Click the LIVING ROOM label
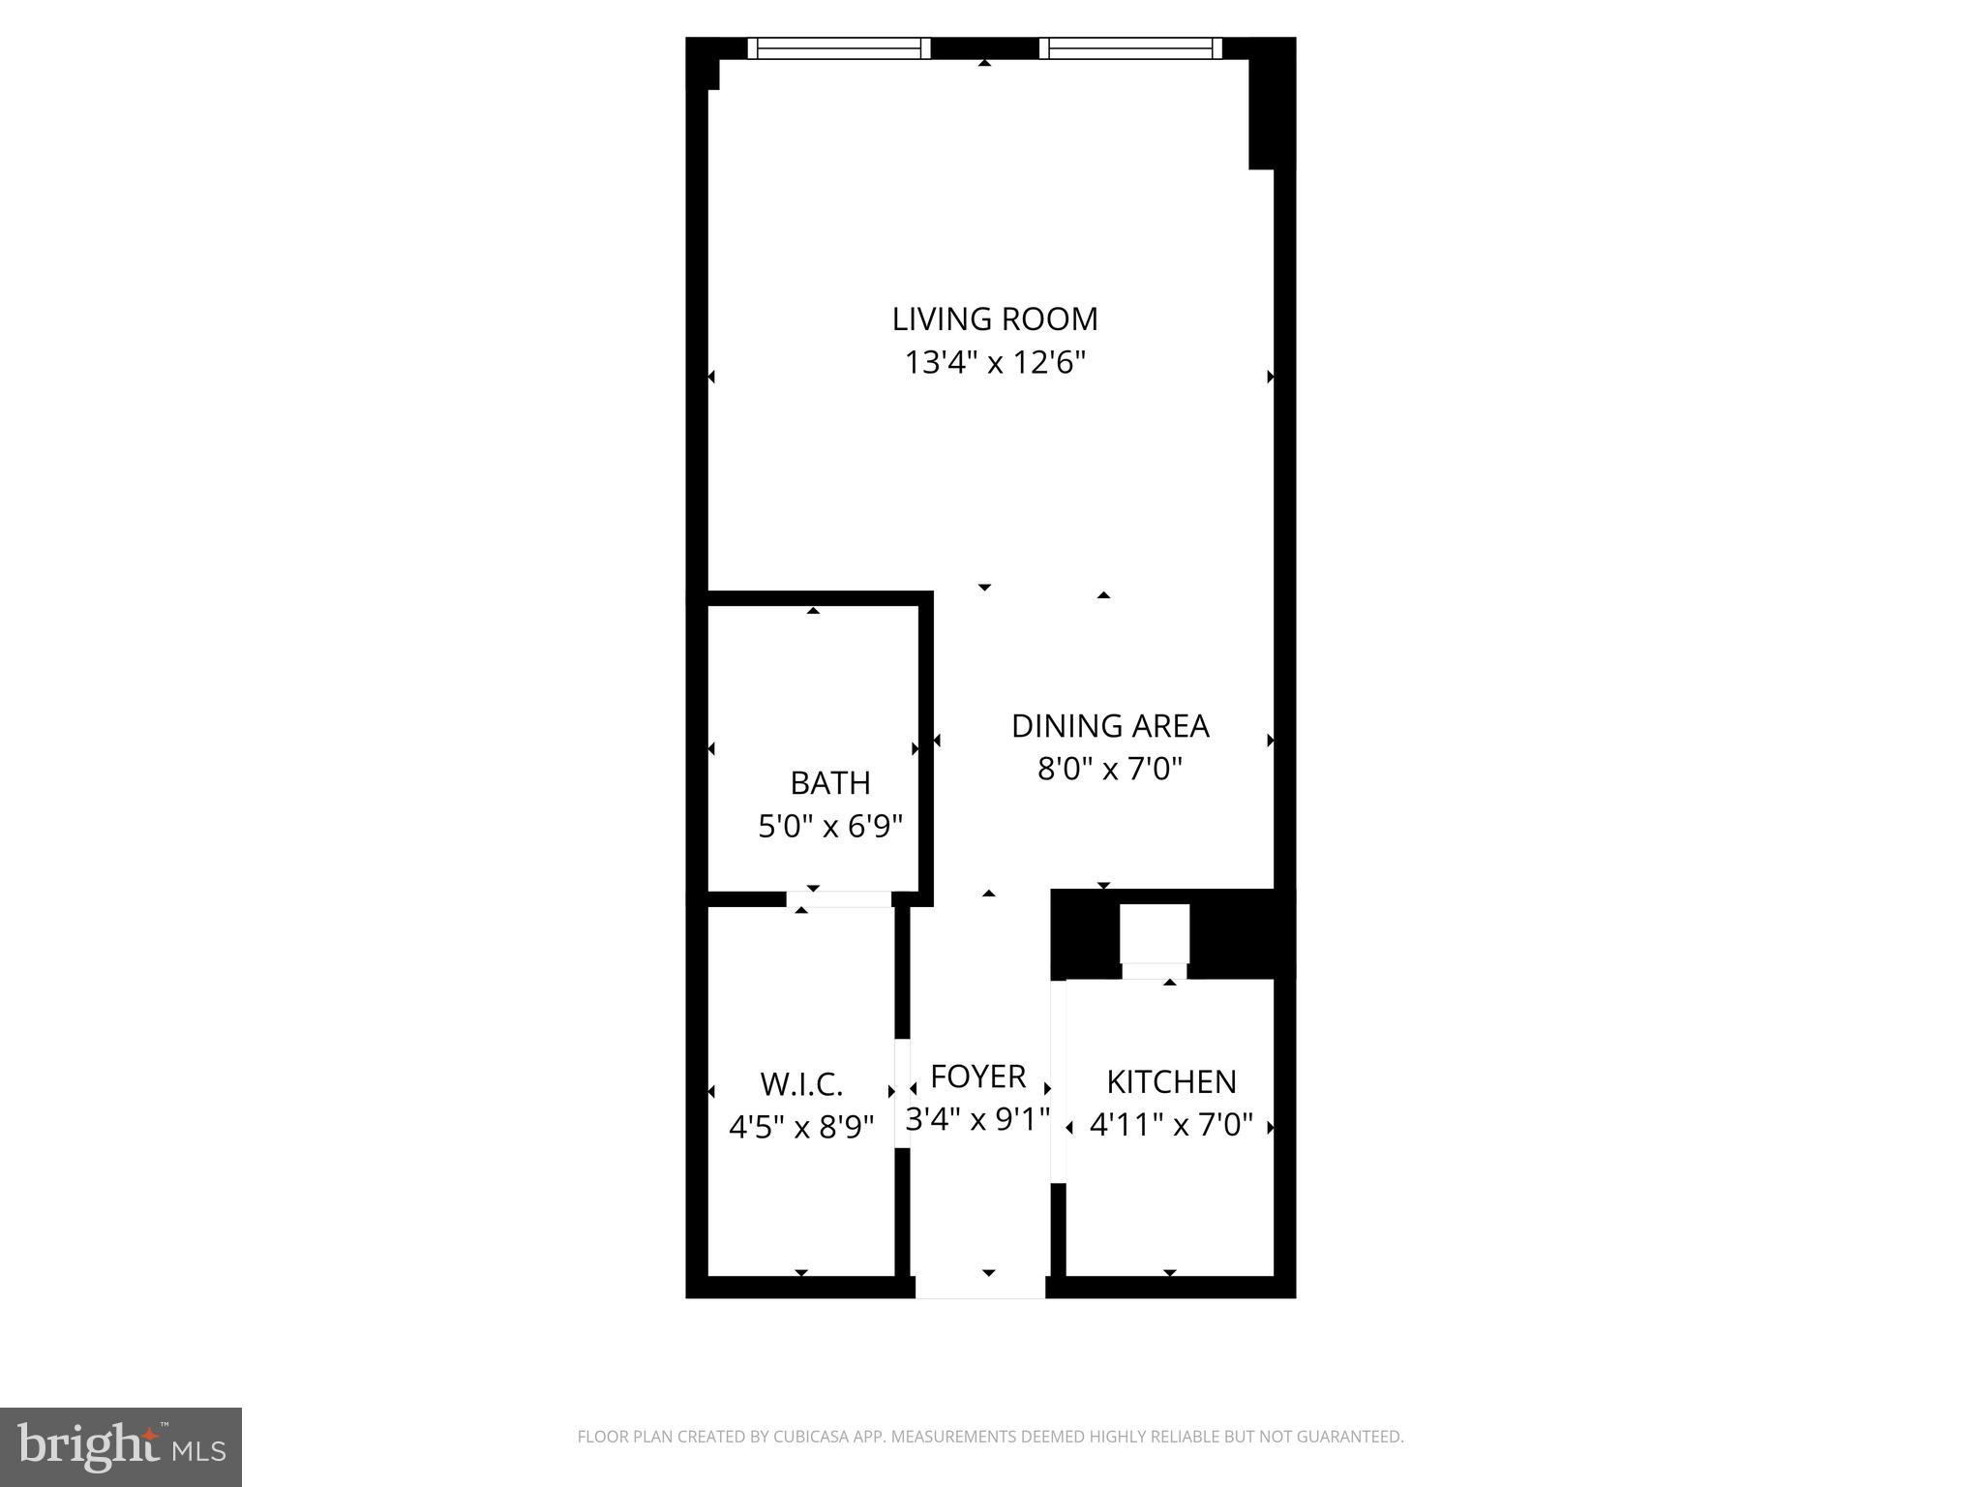pyautogui.click(x=994, y=319)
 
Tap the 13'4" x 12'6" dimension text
pyautogui.click(x=994, y=363)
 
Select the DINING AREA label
pyautogui.click(x=1109, y=725)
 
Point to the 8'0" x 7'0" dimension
pyautogui.click(x=1109, y=770)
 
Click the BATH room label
pyautogui.click(x=829, y=782)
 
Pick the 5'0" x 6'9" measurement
pyautogui.click(x=829, y=827)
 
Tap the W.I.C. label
pyautogui.click(x=800, y=1083)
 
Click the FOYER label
pyautogui.click(x=977, y=1077)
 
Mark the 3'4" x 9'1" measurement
pyautogui.click(x=977, y=1120)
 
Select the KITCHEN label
pyautogui.click(x=1171, y=1081)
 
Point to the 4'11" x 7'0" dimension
pyautogui.click(x=1171, y=1126)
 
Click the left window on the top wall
pyautogui.click(x=838, y=48)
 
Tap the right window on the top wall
pyautogui.click(x=1130, y=48)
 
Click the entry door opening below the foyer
pyautogui.click(x=979, y=1287)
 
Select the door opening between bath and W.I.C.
pyautogui.click(x=838, y=899)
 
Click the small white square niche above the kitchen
pyautogui.click(x=1155, y=934)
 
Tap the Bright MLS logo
pyautogui.click(x=120, y=1446)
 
